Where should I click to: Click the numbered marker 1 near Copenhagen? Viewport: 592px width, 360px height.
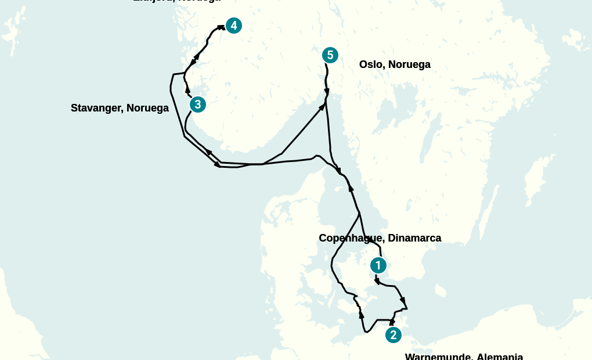click(378, 265)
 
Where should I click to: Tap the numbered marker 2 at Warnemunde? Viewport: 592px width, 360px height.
click(393, 335)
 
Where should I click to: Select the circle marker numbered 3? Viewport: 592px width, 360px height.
click(198, 105)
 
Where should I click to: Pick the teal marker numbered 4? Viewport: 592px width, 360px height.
click(233, 26)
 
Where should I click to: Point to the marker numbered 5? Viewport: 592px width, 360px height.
click(330, 55)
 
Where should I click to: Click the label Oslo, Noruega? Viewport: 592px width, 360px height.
click(395, 64)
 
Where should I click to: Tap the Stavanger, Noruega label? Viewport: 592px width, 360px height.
click(120, 108)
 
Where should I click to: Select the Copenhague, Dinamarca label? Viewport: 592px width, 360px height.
click(380, 238)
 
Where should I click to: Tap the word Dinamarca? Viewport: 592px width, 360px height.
click(414, 238)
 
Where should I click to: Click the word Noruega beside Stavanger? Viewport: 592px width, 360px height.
click(147, 108)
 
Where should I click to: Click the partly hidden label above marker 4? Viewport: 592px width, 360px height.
click(176, 2)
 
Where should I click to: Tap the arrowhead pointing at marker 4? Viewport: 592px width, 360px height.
click(221, 27)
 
